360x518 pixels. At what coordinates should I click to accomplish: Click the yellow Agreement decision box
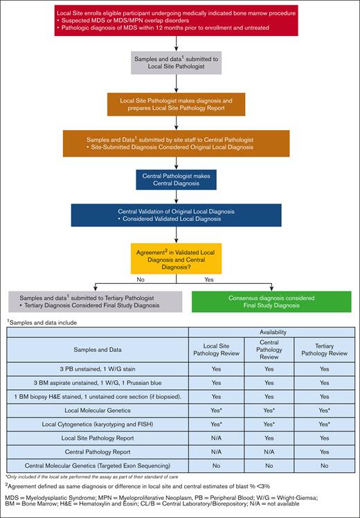179,258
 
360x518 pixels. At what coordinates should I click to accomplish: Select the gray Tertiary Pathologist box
94,301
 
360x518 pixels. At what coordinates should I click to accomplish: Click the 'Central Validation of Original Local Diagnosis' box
179,215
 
